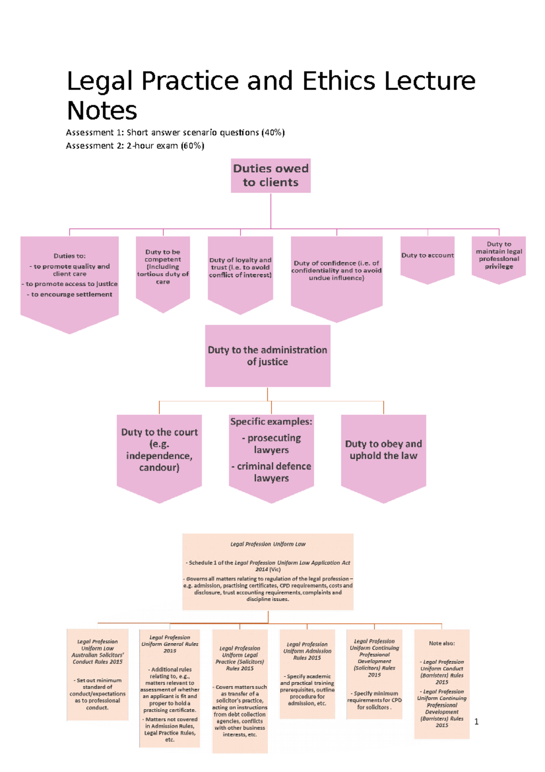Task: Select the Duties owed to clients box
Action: coord(271,175)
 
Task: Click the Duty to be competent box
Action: coord(163,268)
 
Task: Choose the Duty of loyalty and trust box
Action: coord(240,268)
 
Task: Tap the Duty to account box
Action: coord(427,257)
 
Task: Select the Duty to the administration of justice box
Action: coord(268,356)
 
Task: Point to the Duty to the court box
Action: coord(159,450)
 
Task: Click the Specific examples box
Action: coord(271,450)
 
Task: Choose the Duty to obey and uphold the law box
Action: coord(383,450)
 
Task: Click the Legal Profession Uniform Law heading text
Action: coord(268,544)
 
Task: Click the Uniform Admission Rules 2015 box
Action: coord(307,673)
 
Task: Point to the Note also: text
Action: coord(441,643)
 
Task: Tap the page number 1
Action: coord(476,722)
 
